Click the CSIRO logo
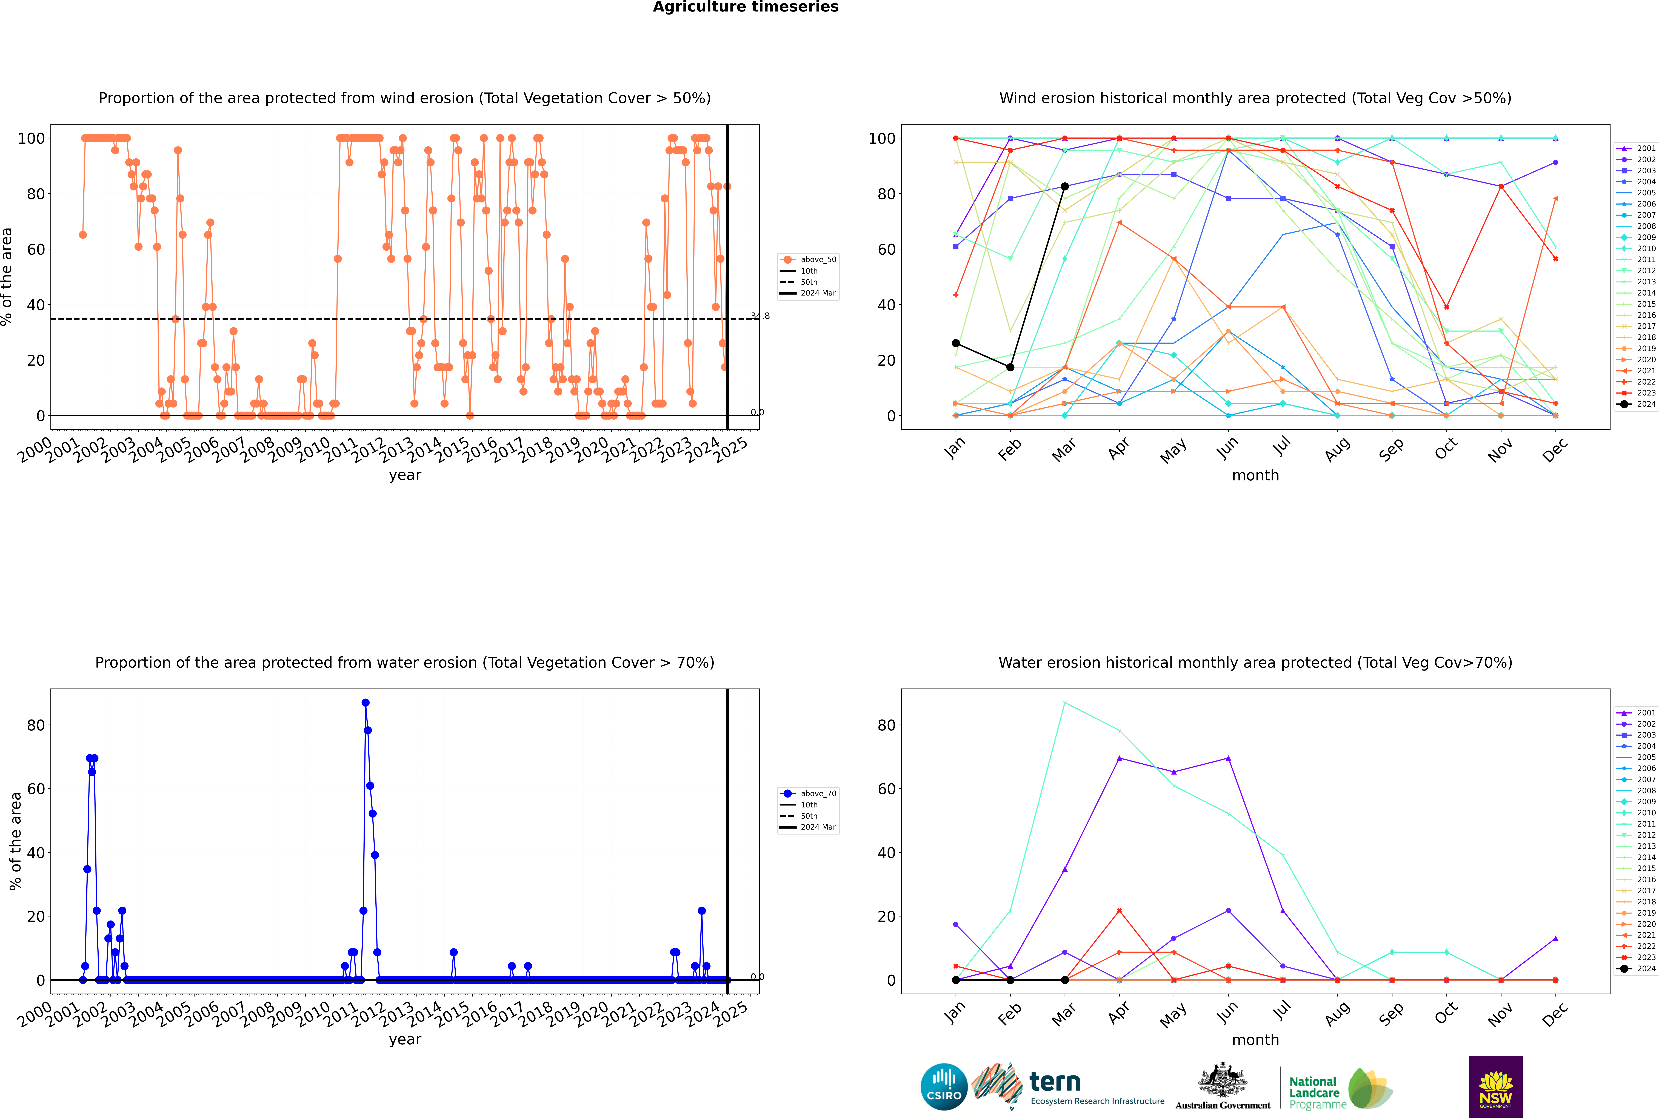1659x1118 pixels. [944, 1087]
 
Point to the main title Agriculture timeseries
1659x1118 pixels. [745, 7]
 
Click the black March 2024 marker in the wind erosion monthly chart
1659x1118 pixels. [1065, 187]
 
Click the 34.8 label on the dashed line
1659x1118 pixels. [760, 316]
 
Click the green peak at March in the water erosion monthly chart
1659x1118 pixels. [1065, 703]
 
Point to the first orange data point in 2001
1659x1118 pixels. [83, 235]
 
